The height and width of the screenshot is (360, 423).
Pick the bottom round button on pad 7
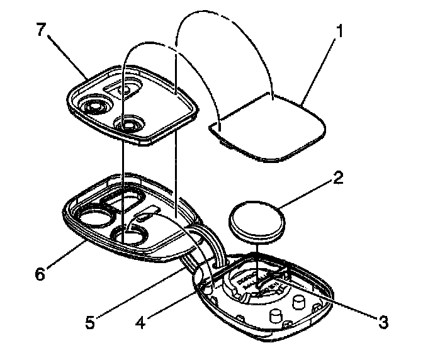130,125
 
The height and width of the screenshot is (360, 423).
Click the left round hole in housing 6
95,218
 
